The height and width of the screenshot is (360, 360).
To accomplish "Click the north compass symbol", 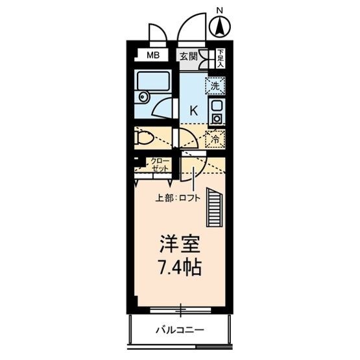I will pyautogui.click(x=220, y=27).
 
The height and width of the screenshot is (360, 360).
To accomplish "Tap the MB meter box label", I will pyautogui.click(x=151, y=55).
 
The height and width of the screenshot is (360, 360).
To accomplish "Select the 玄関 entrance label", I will pyautogui.click(x=188, y=56).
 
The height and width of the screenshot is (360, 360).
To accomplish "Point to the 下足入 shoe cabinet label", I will pyautogui.click(x=221, y=59).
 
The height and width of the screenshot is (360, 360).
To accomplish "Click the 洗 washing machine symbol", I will pyautogui.click(x=215, y=85).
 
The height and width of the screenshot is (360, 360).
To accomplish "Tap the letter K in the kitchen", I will pyautogui.click(x=193, y=110).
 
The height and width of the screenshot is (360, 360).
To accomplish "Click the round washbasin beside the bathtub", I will pyautogui.click(x=143, y=98).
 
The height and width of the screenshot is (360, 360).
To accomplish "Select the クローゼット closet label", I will pyautogui.click(x=159, y=165).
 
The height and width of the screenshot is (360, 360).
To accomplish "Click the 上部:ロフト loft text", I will pyautogui.click(x=178, y=198).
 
